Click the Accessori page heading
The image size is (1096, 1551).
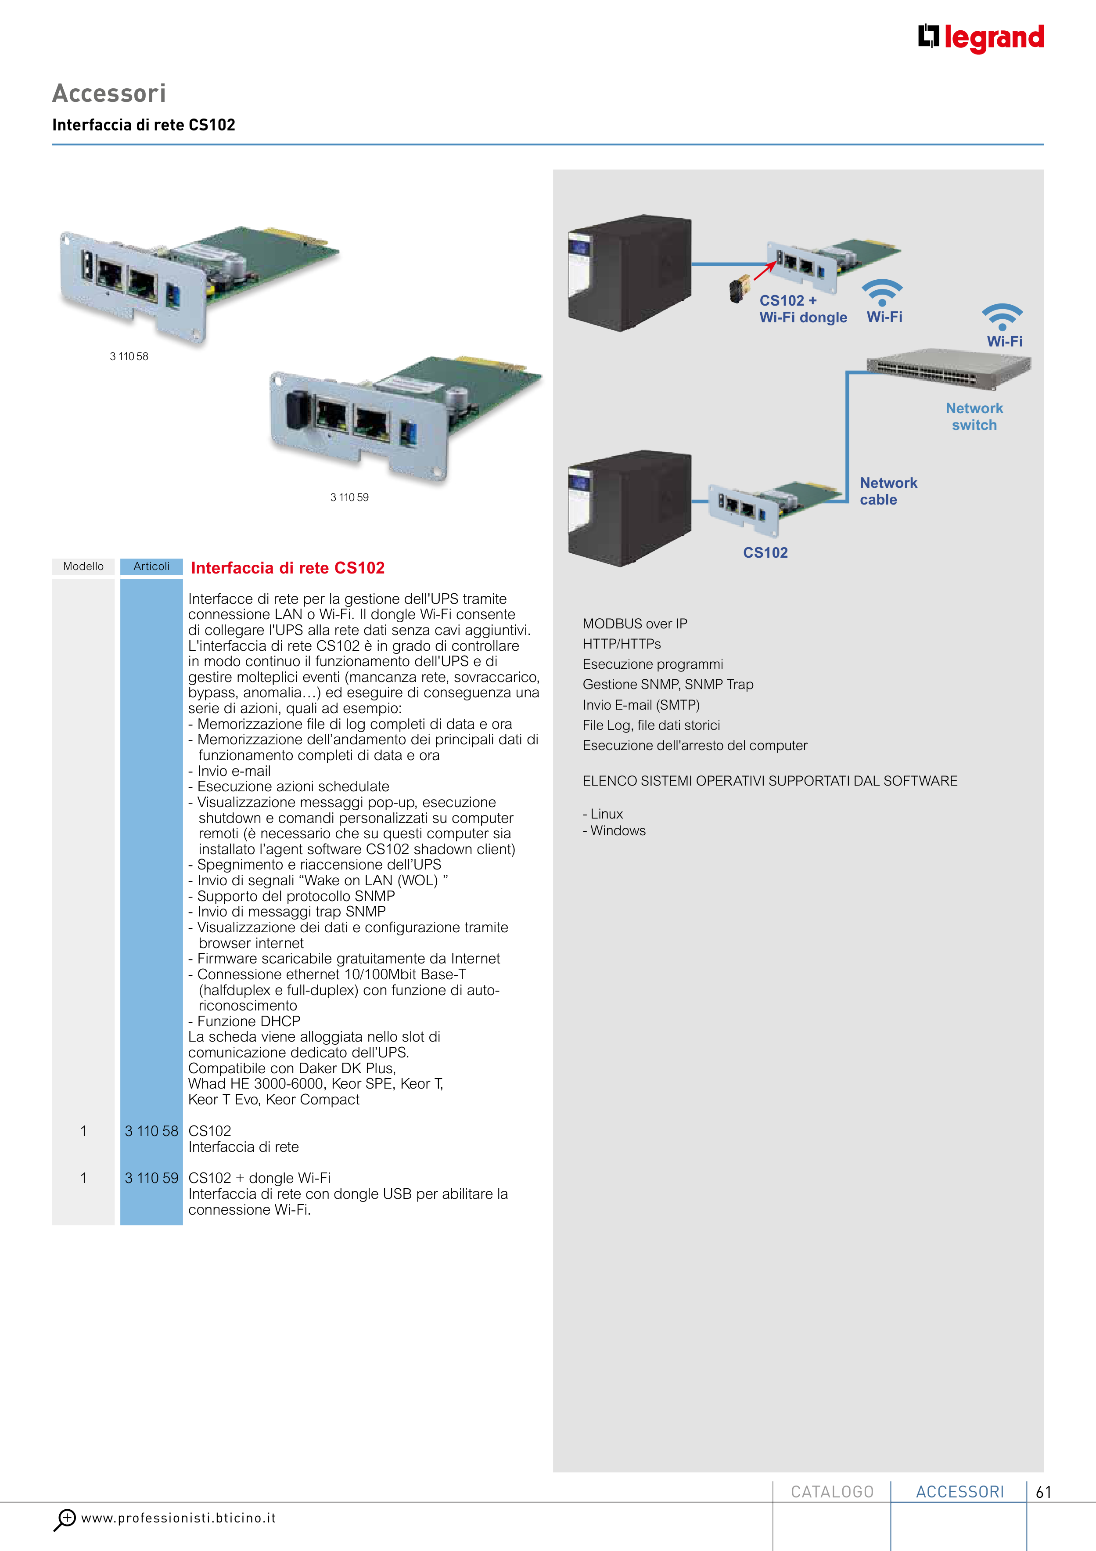109,93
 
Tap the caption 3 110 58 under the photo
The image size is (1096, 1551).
129,356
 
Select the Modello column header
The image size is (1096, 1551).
83,566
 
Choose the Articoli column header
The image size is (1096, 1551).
151,566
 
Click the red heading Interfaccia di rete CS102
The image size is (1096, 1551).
287,568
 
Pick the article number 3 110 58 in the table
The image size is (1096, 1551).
151,1131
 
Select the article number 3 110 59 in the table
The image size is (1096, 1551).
151,1178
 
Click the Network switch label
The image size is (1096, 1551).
974,416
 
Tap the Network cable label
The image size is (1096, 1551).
888,491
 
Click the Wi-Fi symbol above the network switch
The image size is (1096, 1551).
1002,316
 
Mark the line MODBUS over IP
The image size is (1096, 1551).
635,624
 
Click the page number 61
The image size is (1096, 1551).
1043,1492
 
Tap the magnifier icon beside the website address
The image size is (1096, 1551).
65,1519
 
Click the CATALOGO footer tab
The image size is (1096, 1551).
832,1492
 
